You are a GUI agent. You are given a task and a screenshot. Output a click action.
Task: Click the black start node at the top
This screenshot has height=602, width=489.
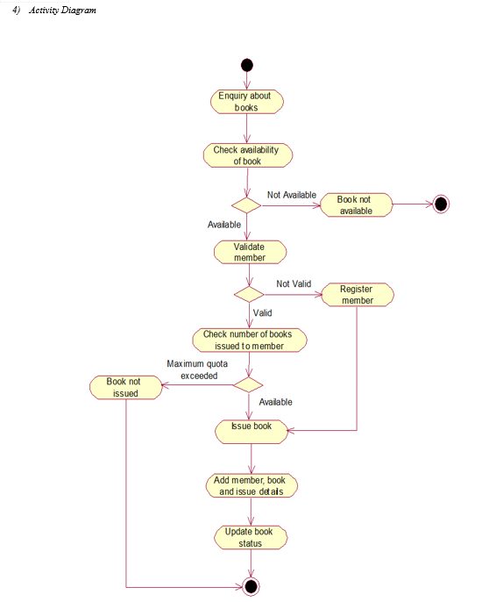[246, 65]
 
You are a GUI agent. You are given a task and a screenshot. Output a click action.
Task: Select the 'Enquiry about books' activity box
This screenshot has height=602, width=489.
[246, 102]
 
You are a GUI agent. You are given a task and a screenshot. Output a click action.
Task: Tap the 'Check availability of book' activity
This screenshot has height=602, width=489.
[247, 155]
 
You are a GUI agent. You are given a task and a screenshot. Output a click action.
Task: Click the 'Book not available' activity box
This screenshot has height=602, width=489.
[357, 205]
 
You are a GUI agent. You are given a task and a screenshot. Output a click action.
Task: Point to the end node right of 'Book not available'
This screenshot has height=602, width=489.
[441, 204]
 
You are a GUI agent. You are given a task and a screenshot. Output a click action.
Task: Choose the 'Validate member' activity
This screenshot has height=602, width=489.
[250, 252]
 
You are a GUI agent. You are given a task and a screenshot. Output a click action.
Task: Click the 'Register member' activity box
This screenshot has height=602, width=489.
[357, 295]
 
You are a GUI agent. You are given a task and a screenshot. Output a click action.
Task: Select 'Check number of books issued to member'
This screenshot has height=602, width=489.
[249, 340]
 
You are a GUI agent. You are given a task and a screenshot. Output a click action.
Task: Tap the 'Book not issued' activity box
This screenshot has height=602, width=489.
[126, 387]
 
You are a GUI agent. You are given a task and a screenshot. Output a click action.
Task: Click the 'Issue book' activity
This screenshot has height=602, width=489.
[252, 432]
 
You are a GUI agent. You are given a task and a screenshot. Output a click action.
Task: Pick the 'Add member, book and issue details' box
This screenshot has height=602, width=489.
[252, 485]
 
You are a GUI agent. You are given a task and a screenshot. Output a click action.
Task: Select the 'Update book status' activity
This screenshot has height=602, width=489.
[251, 537]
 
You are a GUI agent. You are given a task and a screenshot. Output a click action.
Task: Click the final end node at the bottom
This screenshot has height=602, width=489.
[251, 586]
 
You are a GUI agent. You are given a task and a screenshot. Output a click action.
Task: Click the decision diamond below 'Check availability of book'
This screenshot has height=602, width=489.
[246, 205]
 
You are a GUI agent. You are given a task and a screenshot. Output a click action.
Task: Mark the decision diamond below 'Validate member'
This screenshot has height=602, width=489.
[249, 295]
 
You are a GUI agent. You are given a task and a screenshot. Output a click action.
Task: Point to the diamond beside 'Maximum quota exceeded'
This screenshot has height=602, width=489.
[248, 384]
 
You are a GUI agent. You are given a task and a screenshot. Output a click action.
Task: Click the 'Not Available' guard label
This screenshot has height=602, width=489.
[292, 195]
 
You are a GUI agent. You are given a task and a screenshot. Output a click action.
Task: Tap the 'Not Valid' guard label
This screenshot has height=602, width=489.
[294, 283]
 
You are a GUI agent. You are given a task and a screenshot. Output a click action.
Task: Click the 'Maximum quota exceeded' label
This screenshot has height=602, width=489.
[197, 369]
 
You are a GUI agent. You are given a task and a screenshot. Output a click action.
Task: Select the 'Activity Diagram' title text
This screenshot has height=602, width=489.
[62, 10]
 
